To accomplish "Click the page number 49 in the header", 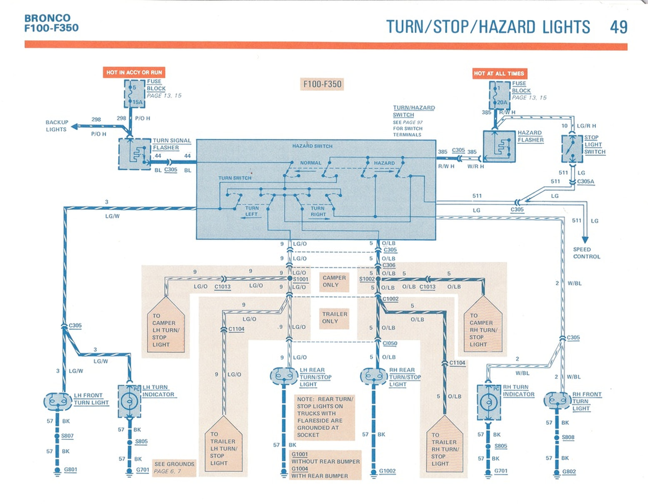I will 618,27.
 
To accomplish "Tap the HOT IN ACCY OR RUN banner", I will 134,73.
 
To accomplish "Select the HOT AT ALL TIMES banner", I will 499,73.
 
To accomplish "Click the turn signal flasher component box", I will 135,154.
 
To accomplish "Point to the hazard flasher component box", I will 499,146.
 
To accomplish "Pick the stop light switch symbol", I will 572,149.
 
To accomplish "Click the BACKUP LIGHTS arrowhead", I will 75,126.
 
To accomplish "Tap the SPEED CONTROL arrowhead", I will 585,240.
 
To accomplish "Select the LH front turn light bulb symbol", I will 58,401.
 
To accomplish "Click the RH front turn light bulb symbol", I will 557,401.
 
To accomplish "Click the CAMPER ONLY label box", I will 334,281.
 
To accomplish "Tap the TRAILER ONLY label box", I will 334,318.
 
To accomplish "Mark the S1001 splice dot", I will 290,278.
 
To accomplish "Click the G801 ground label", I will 70,469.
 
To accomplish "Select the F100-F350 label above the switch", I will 322,84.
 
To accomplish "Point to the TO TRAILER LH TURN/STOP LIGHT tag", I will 224,446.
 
